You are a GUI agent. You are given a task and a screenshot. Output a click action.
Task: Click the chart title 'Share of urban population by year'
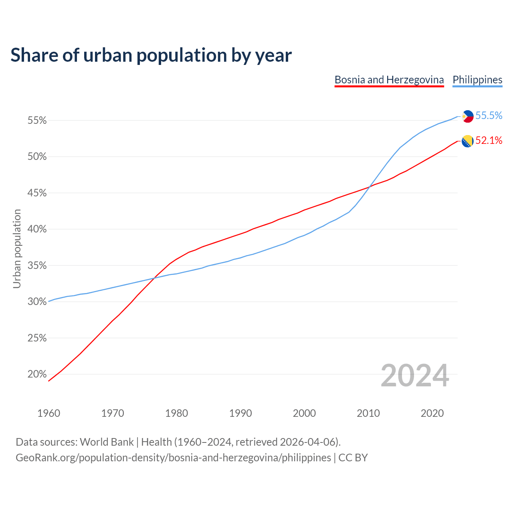[151, 55]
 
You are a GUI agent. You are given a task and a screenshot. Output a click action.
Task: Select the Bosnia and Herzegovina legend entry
[389, 80]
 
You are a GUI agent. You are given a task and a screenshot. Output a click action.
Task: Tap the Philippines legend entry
[477, 80]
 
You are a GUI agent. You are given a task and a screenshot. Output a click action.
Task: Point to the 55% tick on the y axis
[37, 120]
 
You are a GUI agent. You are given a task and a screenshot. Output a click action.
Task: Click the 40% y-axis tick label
[37, 229]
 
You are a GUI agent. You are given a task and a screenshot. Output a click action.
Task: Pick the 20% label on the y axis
[37, 374]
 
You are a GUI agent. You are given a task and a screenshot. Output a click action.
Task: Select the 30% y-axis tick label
[37, 302]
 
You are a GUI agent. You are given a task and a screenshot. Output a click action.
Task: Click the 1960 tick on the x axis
[48, 413]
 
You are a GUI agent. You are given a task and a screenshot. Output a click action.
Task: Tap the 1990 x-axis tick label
[240, 413]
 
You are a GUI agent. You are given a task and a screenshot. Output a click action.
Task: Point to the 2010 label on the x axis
[368, 413]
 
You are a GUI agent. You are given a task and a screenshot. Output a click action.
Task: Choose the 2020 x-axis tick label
[432, 413]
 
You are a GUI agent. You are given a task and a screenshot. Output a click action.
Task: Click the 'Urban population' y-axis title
[17, 248]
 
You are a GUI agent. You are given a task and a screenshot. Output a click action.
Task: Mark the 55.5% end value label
[489, 115]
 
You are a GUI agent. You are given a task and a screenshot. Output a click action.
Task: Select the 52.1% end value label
[489, 140]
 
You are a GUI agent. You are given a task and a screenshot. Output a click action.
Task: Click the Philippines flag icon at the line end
[467, 116]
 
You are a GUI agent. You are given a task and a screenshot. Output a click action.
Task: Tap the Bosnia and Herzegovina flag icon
[467, 141]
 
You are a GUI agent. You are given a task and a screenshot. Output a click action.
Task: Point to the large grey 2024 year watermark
[415, 376]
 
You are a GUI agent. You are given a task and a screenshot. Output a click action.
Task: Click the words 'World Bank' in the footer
[107, 442]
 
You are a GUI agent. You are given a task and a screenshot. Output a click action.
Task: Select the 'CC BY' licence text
[353, 458]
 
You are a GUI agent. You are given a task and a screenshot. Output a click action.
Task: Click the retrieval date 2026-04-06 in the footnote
[307, 442]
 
